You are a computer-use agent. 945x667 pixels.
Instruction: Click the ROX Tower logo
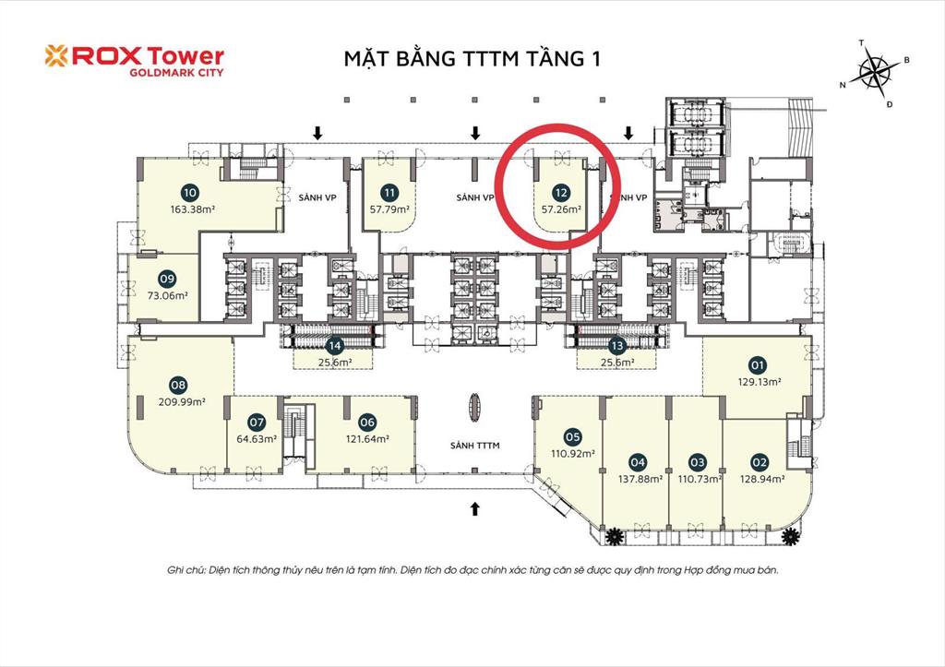[134, 59]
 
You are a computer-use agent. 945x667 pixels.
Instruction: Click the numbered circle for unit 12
[559, 193]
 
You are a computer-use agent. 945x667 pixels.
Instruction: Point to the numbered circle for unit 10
[190, 193]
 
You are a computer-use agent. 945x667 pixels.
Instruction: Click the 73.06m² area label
[167, 296]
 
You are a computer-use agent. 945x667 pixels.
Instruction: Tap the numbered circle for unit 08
[179, 385]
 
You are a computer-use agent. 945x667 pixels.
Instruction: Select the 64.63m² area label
[257, 439]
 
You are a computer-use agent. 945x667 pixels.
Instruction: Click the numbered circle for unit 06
[367, 422]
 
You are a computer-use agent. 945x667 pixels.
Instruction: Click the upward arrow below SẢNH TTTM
[476, 506]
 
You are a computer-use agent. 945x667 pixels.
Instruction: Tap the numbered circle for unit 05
[572, 436]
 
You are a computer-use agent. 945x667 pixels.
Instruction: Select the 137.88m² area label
[637, 478]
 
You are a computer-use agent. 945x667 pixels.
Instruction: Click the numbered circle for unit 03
[697, 461]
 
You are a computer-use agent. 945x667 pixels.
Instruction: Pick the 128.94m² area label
[760, 479]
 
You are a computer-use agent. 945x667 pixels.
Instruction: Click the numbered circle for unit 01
[758, 363]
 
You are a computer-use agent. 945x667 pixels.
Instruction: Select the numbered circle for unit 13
[617, 346]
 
